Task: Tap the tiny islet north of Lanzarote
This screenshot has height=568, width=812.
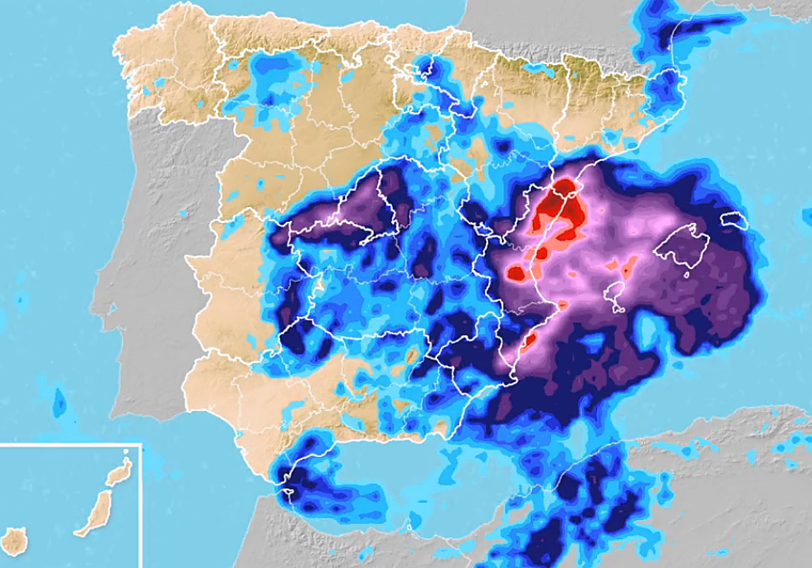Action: tap(127, 452)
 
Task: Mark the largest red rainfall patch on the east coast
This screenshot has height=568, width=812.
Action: tap(560, 210)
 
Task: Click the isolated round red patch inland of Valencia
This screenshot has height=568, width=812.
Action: tap(516, 273)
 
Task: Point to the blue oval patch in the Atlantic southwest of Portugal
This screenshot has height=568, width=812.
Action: tap(60, 404)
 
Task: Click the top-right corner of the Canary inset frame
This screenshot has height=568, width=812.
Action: tap(140, 444)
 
